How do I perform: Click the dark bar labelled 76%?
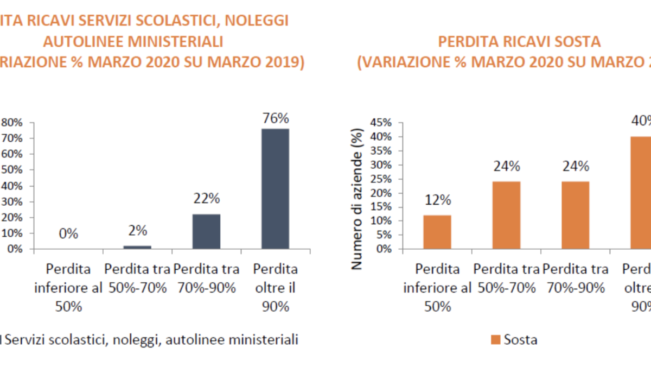[x=276, y=188]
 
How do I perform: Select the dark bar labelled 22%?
[x=207, y=231]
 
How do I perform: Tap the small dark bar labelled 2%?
[x=138, y=247]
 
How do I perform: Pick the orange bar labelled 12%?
[x=437, y=232]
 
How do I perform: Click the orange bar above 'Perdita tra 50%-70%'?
[x=506, y=215]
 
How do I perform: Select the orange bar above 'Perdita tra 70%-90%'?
[x=575, y=215]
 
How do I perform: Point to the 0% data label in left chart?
[x=69, y=234]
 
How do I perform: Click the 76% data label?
[x=276, y=118]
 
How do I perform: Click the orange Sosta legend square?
[x=495, y=340]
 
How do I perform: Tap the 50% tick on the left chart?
[x=11, y=170]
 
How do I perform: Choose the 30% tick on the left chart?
[x=11, y=201]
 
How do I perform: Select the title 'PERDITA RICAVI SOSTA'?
[x=519, y=42]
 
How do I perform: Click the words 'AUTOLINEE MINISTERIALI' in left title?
[x=133, y=42]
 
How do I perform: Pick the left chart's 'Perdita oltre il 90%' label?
[x=276, y=288]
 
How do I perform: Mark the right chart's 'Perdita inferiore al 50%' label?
[x=438, y=288]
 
